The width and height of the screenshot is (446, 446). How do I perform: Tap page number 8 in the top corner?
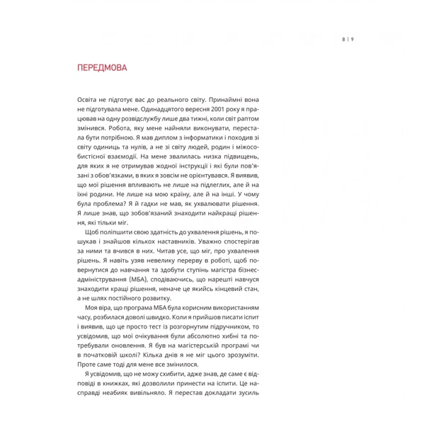point(341,39)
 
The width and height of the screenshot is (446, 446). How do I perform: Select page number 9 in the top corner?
point(351,39)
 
